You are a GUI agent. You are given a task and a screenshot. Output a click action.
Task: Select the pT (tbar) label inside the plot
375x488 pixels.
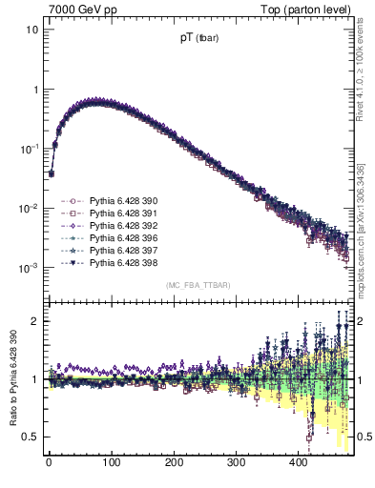tap(197, 39)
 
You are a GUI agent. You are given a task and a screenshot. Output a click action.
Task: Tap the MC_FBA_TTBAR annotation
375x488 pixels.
tap(197, 286)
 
